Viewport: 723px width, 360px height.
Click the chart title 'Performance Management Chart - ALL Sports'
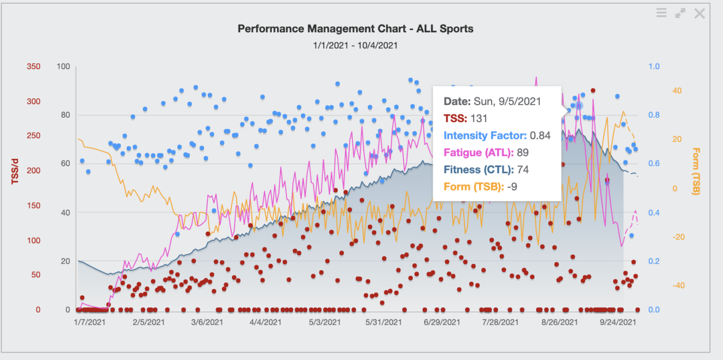355,29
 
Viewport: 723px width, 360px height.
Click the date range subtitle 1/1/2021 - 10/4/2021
355,45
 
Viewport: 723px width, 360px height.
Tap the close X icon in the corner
699,14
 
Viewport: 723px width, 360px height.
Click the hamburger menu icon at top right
661,13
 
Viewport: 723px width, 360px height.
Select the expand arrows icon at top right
680,14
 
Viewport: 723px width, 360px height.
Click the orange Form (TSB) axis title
696,171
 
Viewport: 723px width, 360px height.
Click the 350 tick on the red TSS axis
34,67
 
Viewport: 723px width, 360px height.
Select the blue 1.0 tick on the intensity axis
654,67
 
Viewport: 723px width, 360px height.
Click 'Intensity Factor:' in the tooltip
485,136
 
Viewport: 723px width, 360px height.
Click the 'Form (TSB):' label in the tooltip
473,186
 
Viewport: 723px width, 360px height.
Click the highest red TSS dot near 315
593,91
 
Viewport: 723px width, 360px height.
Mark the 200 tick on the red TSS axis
34,170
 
